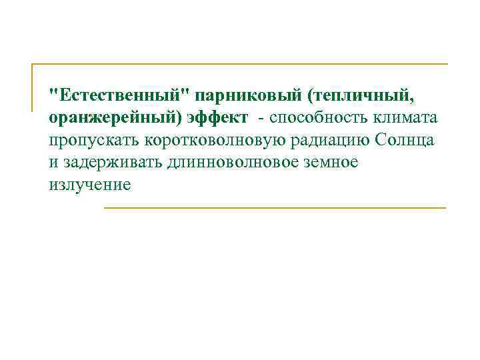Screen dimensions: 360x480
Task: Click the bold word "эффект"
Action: (217, 118)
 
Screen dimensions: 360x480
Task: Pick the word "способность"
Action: (317, 118)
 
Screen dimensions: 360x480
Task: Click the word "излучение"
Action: (89, 185)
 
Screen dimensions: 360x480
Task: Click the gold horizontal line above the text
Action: (240, 65)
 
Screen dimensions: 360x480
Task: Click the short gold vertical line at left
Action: (33, 87)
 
